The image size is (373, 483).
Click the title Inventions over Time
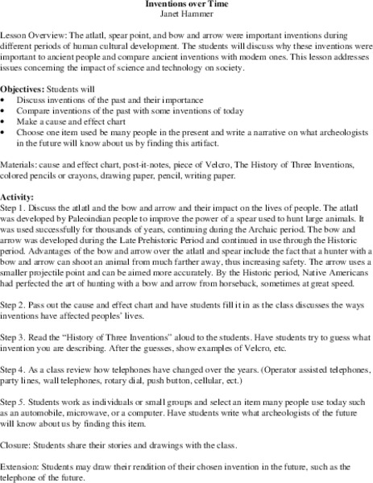(x=186, y=4)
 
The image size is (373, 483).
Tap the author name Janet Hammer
(x=186, y=14)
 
